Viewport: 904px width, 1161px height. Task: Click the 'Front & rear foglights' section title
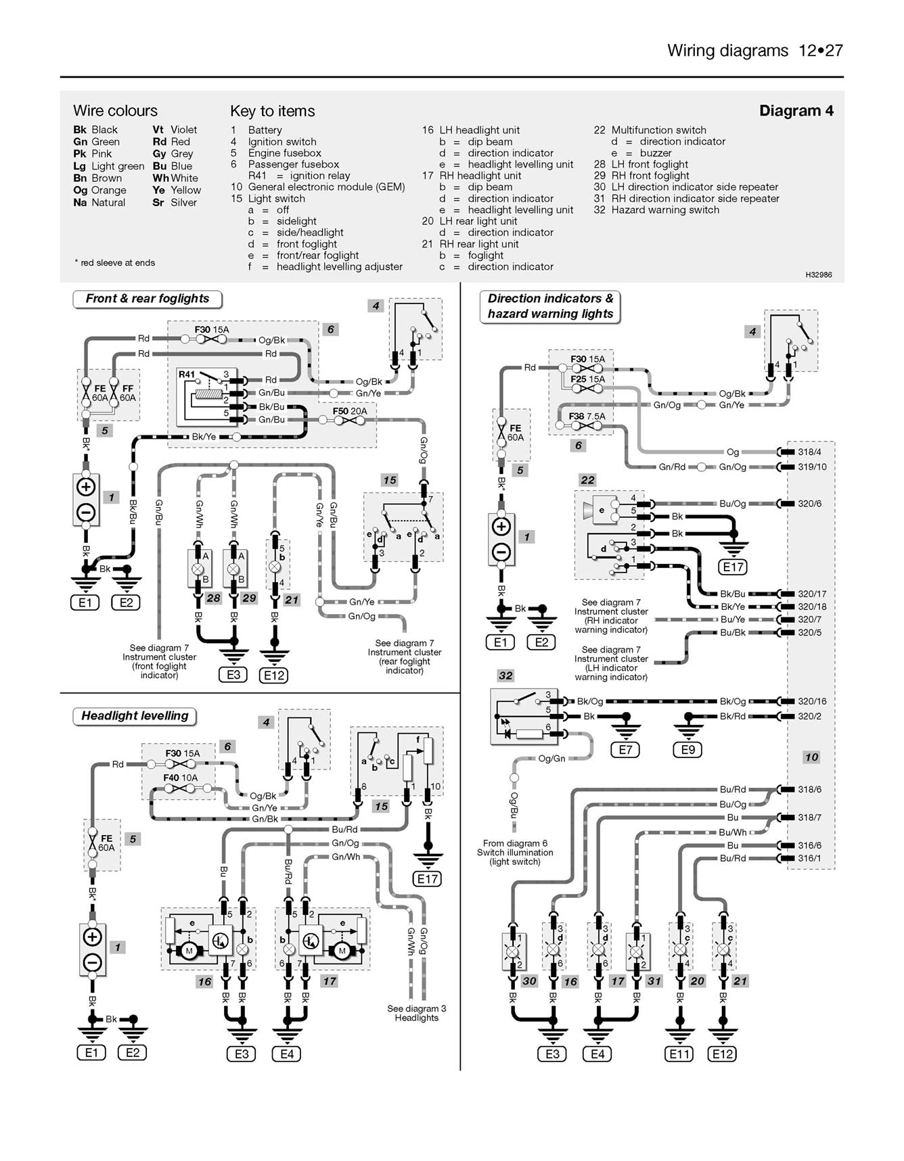click(x=148, y=299)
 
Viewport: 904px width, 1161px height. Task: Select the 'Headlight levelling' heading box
click(x=135, y=716)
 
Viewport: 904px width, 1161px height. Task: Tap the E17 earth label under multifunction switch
click(x=733, y=567)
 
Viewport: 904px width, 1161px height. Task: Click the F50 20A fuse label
click(x=350, y=410)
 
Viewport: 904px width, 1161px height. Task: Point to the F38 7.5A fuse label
click(x=587, y=417)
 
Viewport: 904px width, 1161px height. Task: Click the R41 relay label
click(x=187, y=374)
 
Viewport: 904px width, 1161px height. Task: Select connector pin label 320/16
click(x=812, y=701)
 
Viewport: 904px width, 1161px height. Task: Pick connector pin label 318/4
click(x=809, y=452)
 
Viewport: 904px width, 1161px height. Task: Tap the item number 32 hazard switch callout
click(x=505, y=675)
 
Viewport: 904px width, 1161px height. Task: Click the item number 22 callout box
click(x=587, y=479)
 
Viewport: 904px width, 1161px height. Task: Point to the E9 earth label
click(x=688, y=749)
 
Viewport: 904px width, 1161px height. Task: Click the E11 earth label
click(x=679, y=1053)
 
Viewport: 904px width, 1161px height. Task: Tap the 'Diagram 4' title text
click(x=796, y=111)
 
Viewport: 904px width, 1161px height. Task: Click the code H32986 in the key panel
click(x=818, y=275)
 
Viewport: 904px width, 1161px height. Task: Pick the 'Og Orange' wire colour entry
click(x=99, y=190)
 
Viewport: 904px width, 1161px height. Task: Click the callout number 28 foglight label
click(x=213, y=598)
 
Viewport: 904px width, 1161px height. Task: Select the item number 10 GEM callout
click(x=811, y=757)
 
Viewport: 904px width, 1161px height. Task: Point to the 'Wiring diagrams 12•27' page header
click(x=754, y=51)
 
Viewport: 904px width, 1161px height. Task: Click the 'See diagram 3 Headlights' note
click(x=416, y=1013)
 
